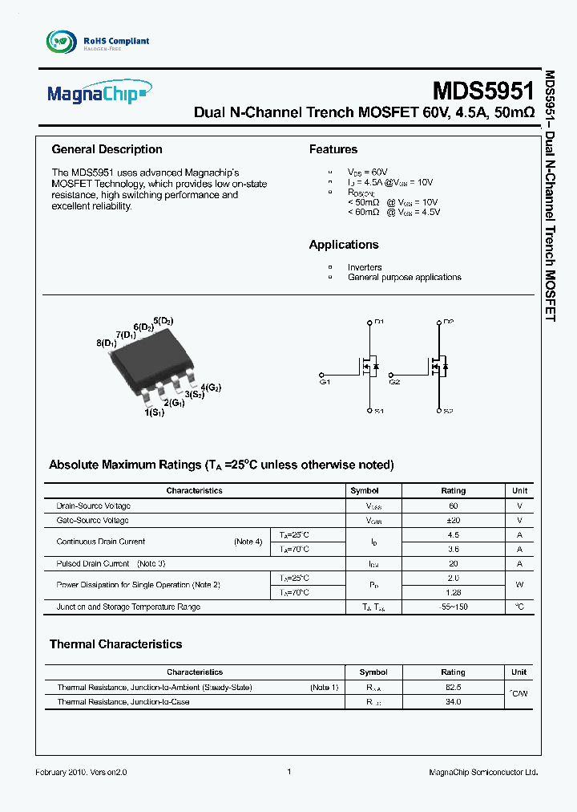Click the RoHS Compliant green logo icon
[62, 41]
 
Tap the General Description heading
[107, 149]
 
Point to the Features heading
[333, 149]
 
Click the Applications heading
[343, 245]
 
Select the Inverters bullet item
[364, 267]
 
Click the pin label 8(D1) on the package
[107, 343]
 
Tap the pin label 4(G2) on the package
[211, 387]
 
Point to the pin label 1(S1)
[154, 412]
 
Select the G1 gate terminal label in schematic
[325, 383]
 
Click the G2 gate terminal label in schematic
[393, 383]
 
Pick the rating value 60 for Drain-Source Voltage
[453, 506]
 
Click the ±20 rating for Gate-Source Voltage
[453, 521]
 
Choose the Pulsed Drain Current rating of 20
[453, 564]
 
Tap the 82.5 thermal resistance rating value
[453, 688]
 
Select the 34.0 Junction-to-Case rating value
[453, 702]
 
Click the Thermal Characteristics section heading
[115, 644]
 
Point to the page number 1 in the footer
[288, 772]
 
